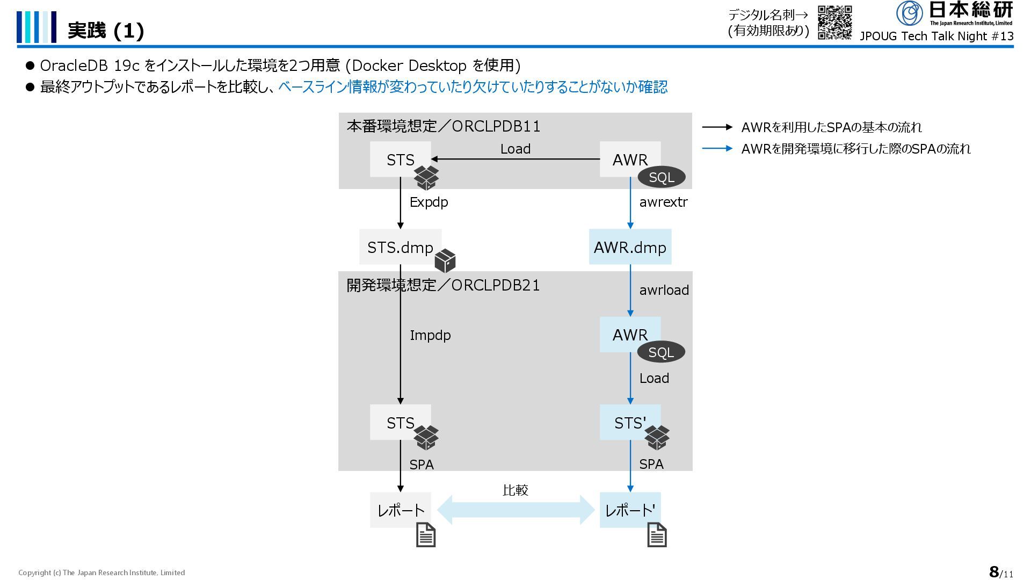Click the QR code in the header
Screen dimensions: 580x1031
pos(834,23)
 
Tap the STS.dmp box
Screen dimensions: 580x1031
pos(400,247)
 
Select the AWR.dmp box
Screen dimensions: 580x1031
pos(630,247)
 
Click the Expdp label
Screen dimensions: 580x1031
pos(429,202)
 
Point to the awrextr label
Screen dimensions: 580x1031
pos(663,202)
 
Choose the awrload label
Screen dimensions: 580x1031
pos(664,290)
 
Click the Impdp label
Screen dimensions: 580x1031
pos(430,335)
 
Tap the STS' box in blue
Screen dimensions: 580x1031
pos(629,422)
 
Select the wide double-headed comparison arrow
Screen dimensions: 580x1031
pos(515,510)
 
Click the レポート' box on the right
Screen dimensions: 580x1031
pos(629,510)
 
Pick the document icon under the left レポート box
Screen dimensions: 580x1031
pos(426,535)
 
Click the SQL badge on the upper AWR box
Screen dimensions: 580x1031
pos(661,177)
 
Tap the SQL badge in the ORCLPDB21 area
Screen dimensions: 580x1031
pos(660,352)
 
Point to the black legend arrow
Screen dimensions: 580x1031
pos(717,127)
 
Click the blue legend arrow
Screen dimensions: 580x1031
pos(717,149)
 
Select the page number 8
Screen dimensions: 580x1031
pos(994,571)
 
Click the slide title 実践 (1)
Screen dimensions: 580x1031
pos(106,31)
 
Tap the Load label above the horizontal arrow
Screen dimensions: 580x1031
pos(515,149)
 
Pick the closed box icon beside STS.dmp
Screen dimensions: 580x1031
pos(445,261)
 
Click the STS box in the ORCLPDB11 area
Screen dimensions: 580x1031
pos(400,159)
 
